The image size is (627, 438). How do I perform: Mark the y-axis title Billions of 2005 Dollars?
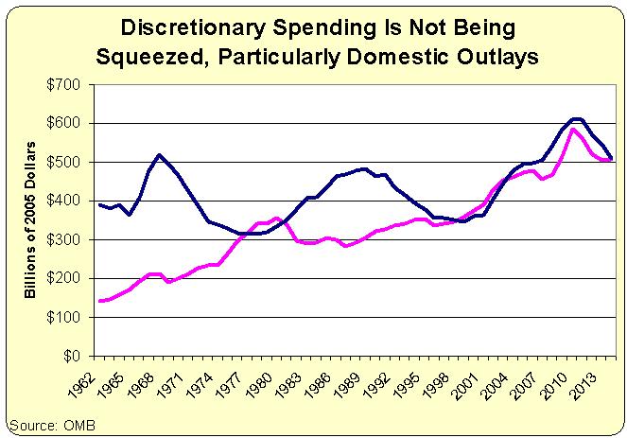[32, 219]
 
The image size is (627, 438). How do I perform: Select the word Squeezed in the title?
[150, 56]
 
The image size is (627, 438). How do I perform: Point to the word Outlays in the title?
[500, 56]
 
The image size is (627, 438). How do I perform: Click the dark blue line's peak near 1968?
[159, 154]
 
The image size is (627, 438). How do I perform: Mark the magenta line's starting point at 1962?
[99, 301]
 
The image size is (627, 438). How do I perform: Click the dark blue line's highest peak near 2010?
[577, 118]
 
